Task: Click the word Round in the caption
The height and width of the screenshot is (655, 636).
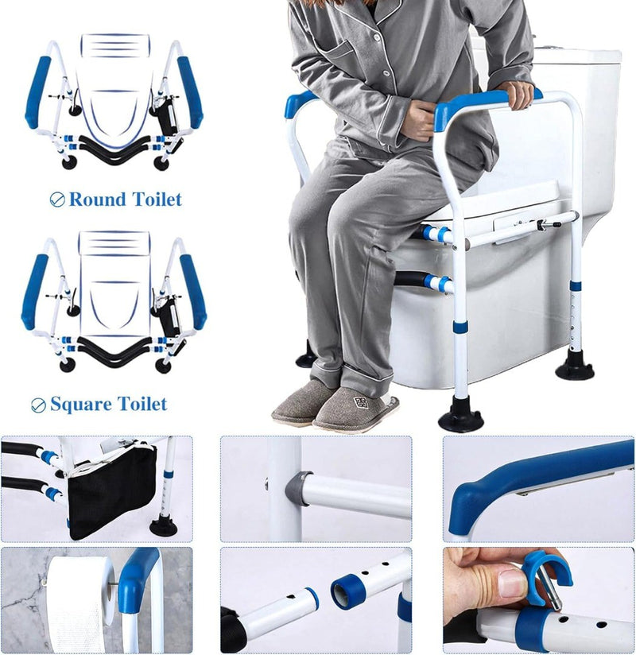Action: pos(97,200)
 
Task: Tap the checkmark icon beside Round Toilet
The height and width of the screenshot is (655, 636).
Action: pos(57,200)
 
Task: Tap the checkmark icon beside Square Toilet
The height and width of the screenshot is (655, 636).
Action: pos(38,405)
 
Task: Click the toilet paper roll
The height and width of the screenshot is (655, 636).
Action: pos(79,602)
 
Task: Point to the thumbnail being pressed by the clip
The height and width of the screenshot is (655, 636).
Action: pos(511,583)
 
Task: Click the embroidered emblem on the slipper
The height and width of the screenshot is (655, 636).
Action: pos(363,402)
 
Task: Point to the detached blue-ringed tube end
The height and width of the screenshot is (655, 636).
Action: pos(347,590)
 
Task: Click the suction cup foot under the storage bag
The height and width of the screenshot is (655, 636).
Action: pos(163,525)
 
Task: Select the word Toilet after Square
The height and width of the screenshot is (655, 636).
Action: pos(142,404)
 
